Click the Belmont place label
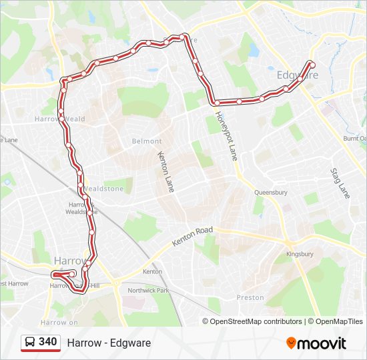point(147,141)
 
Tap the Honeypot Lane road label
point(226,136)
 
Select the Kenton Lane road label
point(165,172)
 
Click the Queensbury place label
point(270,193)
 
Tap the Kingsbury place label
point(299,255)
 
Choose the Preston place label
point(250,297)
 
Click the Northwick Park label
point(149,291)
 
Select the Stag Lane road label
point(340,183)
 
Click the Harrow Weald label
point(59,119)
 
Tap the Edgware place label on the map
point(297,75)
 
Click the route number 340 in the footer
point(48,342)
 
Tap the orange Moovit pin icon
point(291,343)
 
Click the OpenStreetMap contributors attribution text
point(256,321)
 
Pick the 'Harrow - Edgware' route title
point(109,343)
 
